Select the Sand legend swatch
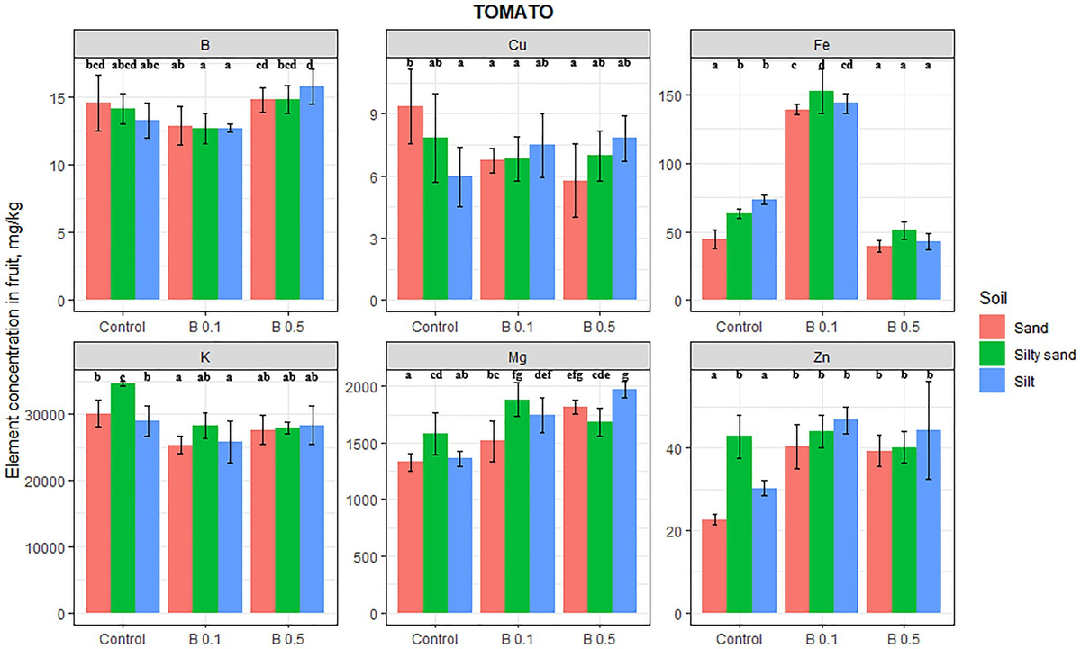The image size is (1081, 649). (995, 328)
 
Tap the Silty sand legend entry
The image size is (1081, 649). (1028, 355)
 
